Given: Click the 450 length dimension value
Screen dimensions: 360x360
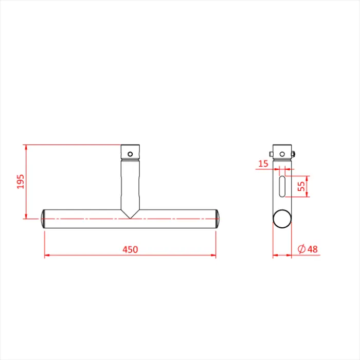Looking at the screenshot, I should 130,249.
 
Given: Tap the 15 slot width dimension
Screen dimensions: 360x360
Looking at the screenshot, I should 263,164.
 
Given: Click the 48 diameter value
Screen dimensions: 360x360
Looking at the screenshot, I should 312,249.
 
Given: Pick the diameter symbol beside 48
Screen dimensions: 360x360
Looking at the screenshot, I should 301,249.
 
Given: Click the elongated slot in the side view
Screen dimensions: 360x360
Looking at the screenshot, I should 282,186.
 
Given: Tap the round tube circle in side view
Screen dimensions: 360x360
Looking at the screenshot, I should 282,219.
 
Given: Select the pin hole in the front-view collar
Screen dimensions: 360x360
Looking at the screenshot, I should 131,153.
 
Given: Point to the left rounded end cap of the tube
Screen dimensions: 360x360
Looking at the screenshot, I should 43,219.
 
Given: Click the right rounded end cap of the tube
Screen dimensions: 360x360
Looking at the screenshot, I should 218,219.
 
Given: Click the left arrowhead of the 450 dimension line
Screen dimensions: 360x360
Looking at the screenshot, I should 46,255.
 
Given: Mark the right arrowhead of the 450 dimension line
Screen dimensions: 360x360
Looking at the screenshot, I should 213,255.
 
